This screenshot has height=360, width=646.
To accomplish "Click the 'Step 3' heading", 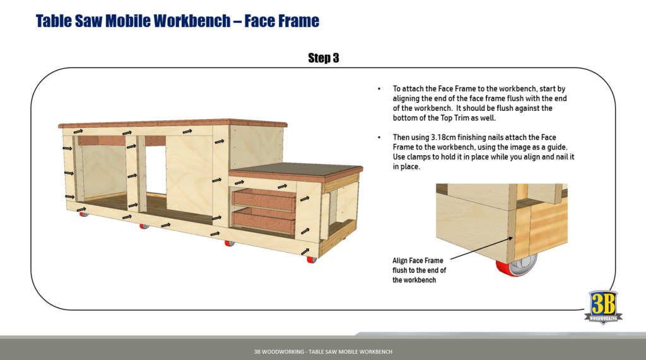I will [x=323, y=58].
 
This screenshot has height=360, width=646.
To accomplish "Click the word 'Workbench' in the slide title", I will [x=192, y=21].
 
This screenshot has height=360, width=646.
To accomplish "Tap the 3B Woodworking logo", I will [x=606, y=306].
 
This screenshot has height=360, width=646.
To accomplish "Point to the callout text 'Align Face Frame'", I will [x=418, y=260].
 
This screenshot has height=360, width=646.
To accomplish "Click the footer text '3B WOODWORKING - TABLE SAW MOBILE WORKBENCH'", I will [x=322, y=351].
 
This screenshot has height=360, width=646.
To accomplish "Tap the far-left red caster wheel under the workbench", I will [x=83, y=214].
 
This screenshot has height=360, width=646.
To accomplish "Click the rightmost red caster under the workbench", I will [x=310, y=259].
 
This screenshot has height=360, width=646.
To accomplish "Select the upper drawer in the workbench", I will [x=264, y=199].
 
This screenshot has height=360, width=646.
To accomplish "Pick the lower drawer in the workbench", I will [x=264, y=219].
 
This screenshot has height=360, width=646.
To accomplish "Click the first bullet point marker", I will [x=379, y=89].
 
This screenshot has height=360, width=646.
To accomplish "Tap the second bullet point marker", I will [x=379, y=137].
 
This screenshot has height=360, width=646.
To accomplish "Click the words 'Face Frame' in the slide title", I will [x=282, y=21].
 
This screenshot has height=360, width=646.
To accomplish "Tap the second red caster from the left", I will [x=144, y=226].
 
